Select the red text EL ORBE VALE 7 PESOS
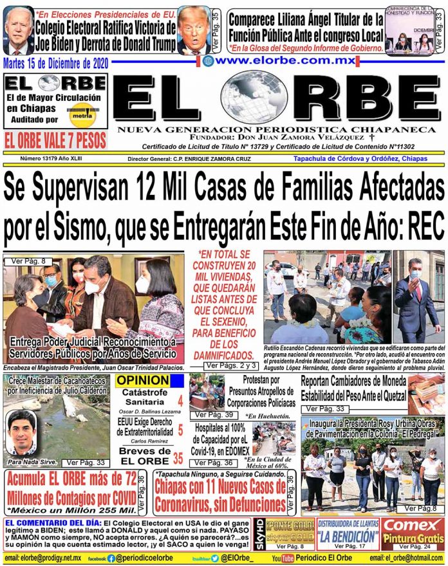point(55,140)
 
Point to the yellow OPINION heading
point(142,381)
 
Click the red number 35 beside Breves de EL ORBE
point(178,441)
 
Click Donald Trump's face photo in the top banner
point(194,28)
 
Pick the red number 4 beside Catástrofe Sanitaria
point(180,401)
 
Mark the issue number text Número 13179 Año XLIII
point(51,158)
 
